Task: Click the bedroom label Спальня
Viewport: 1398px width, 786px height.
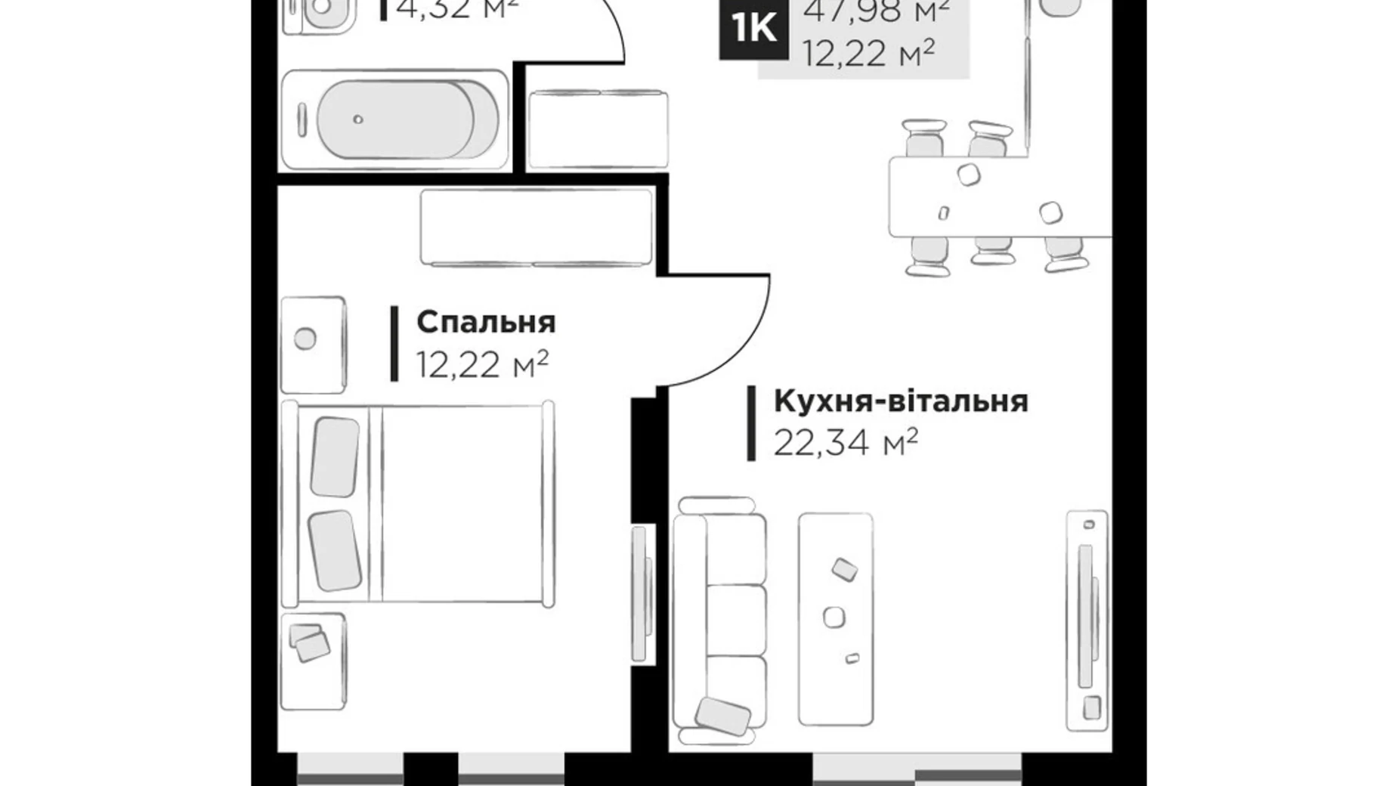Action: click(x=485, y=323)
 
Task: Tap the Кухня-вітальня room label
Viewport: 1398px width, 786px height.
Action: click(x=900, y=401)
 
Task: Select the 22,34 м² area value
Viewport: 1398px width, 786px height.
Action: click(x=845, y=443)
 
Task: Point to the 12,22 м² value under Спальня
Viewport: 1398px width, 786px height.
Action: click(x=481, y=366)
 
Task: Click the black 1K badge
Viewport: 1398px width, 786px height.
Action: click(x=753, y=29)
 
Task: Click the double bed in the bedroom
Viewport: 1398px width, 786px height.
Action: click(x=418, y=504)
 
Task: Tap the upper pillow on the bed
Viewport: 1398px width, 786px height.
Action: click(x=335, y=456)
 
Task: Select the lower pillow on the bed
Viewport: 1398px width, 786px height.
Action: click(x=335, y=550)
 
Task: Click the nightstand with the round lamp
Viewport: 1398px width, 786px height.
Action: click(x=313, y=345)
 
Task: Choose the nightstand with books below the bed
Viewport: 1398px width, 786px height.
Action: click(x=313, y=661)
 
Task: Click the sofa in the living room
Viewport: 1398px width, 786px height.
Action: click(x=719, y=620)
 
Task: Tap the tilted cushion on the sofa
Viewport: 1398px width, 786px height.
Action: click(x=722, y=714)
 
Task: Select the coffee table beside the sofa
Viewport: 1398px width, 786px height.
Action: click(x=835, y=619)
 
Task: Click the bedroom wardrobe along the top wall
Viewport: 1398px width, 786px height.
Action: click(x=536, y=227)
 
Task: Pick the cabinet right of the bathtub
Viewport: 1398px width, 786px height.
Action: click(x=598, y=129)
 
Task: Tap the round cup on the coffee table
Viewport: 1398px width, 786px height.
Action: click(x=834, y=617)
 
